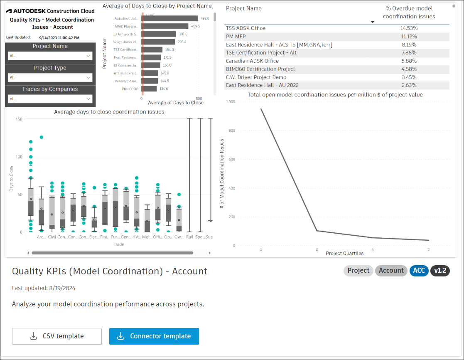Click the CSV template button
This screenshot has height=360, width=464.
(57, 336)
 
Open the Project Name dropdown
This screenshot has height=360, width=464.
(50, 56)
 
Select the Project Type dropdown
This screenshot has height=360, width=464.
(50, 77)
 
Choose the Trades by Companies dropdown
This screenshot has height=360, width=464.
(50, 99)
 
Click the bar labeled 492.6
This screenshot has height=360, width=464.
(170, 18)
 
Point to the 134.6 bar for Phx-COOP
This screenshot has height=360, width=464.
(149, 89)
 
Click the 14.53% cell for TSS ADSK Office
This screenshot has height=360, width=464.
(409, 28)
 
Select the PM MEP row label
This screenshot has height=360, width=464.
(236, 37)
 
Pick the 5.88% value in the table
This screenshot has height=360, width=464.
(409, 61)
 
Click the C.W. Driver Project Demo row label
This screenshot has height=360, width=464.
(256, 77)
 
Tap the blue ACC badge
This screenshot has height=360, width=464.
(419, 271)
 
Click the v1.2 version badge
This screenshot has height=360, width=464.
(440, 271)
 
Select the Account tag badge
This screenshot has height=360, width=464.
(391, 271)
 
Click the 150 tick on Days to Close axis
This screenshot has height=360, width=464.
(19, 119)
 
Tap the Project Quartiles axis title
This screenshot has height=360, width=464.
(344, 254)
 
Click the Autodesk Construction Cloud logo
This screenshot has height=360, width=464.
(50, 11)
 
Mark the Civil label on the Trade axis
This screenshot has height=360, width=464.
(52, 237)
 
